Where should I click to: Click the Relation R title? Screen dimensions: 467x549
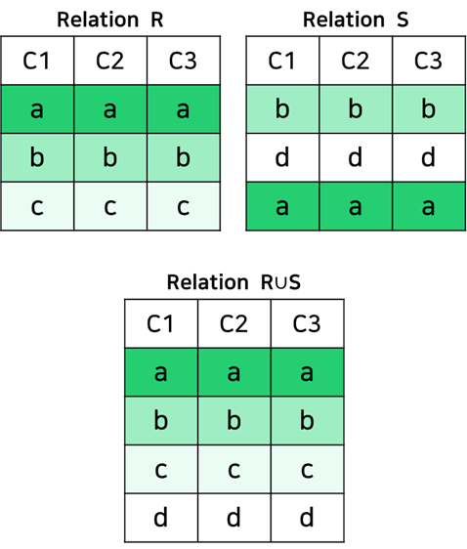pos(110,20)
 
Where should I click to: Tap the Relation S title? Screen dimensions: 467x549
pos(356,20)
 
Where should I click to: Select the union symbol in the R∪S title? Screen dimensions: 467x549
pos(280,283)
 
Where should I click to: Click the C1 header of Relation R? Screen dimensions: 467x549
pos(37,61)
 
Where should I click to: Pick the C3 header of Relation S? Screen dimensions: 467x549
pos(429,61)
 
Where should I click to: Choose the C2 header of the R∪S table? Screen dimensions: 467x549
pos(234,323)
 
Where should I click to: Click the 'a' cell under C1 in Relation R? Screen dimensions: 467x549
pos(37,108)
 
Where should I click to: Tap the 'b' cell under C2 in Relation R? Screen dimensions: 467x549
pos(110,157)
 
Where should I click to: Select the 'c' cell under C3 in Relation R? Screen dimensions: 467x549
pos(184,206)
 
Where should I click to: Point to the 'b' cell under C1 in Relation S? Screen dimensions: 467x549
pos(283,108)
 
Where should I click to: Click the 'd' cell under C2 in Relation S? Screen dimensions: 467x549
pos(356,157)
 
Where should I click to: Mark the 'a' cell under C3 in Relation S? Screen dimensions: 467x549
pos(429,206)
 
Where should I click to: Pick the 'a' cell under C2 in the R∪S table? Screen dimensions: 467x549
pos(234,372)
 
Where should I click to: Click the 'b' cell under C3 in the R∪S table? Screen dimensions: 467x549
pos(308,421)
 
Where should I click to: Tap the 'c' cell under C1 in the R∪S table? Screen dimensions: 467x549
pos(161,470)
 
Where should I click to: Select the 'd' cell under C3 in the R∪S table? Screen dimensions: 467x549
pos(308,518)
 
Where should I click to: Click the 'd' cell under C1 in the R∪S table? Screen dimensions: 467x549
pos(161,518)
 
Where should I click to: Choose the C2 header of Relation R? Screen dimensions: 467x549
pos(110,61)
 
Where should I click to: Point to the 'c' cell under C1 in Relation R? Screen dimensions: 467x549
pos(37,206)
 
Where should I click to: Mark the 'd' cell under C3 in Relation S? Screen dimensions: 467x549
pos(429,157)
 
